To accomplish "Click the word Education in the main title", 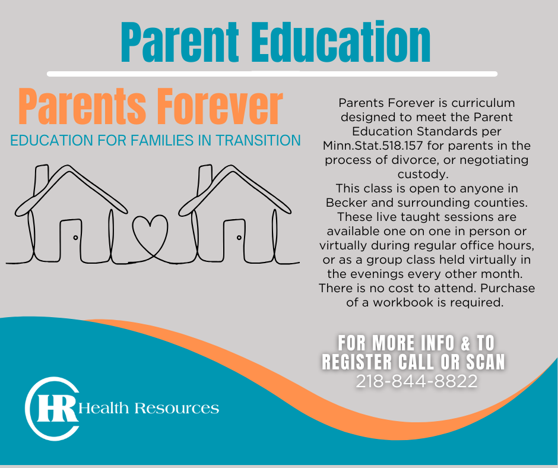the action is [x=341, y=42].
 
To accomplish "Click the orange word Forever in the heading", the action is [x=220, y=106].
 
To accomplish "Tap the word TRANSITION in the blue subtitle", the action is [x=258, y=140].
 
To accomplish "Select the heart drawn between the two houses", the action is [x=150, y=235].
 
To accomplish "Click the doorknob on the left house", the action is [x=75, y=238].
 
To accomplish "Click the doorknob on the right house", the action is [x=239, y=238].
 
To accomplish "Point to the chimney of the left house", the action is [x=41, y=180].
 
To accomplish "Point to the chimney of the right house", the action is [x=205, y=180].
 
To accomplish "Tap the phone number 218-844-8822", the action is [x=416, y=381].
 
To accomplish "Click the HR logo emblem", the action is [x=52, y=409].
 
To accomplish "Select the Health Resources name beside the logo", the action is [x=149, y=408].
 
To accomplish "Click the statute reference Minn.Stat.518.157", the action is [x=373, y=146].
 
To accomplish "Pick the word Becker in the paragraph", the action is [x=347, y=203].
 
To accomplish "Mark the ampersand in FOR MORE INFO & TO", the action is [x=465, y=343].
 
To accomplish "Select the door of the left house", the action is [x=71, y=241].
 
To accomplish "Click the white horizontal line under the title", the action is [x=272, y=74].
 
